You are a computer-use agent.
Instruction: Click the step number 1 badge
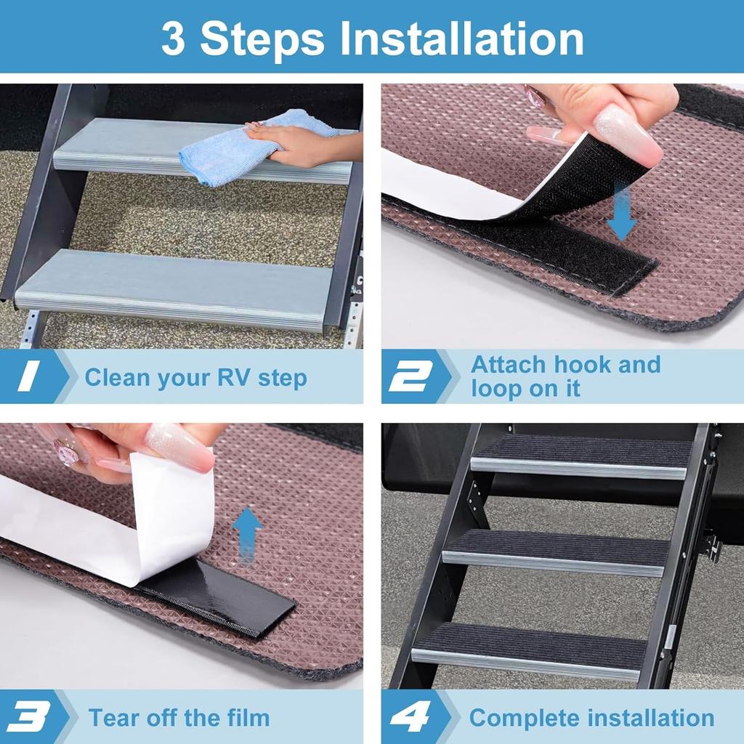point(29,377)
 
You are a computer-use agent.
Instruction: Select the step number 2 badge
point(411,377)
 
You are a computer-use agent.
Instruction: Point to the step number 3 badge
point(29,718)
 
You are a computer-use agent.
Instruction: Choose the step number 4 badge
point(411,718)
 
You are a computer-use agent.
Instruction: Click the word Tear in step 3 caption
point(114,718)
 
